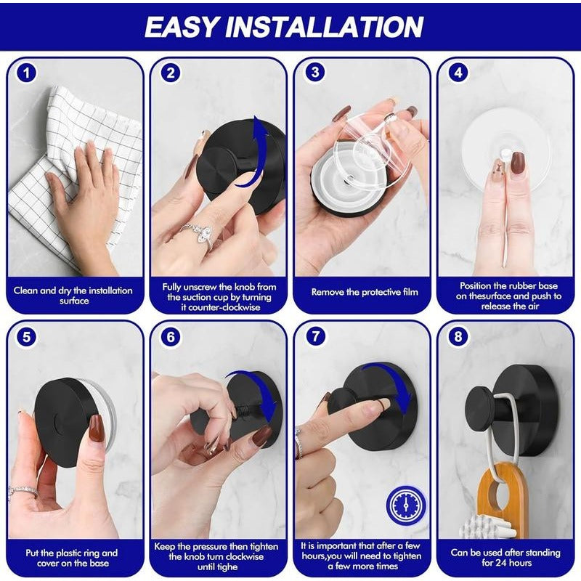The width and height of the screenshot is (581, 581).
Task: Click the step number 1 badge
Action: [27, 73]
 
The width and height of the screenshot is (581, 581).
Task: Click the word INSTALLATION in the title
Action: [325, 27]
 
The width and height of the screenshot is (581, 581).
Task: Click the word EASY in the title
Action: [182, 27]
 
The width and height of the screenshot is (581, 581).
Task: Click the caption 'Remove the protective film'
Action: [365, 292]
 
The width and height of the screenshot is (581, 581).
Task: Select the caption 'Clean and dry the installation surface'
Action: [73, 296]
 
